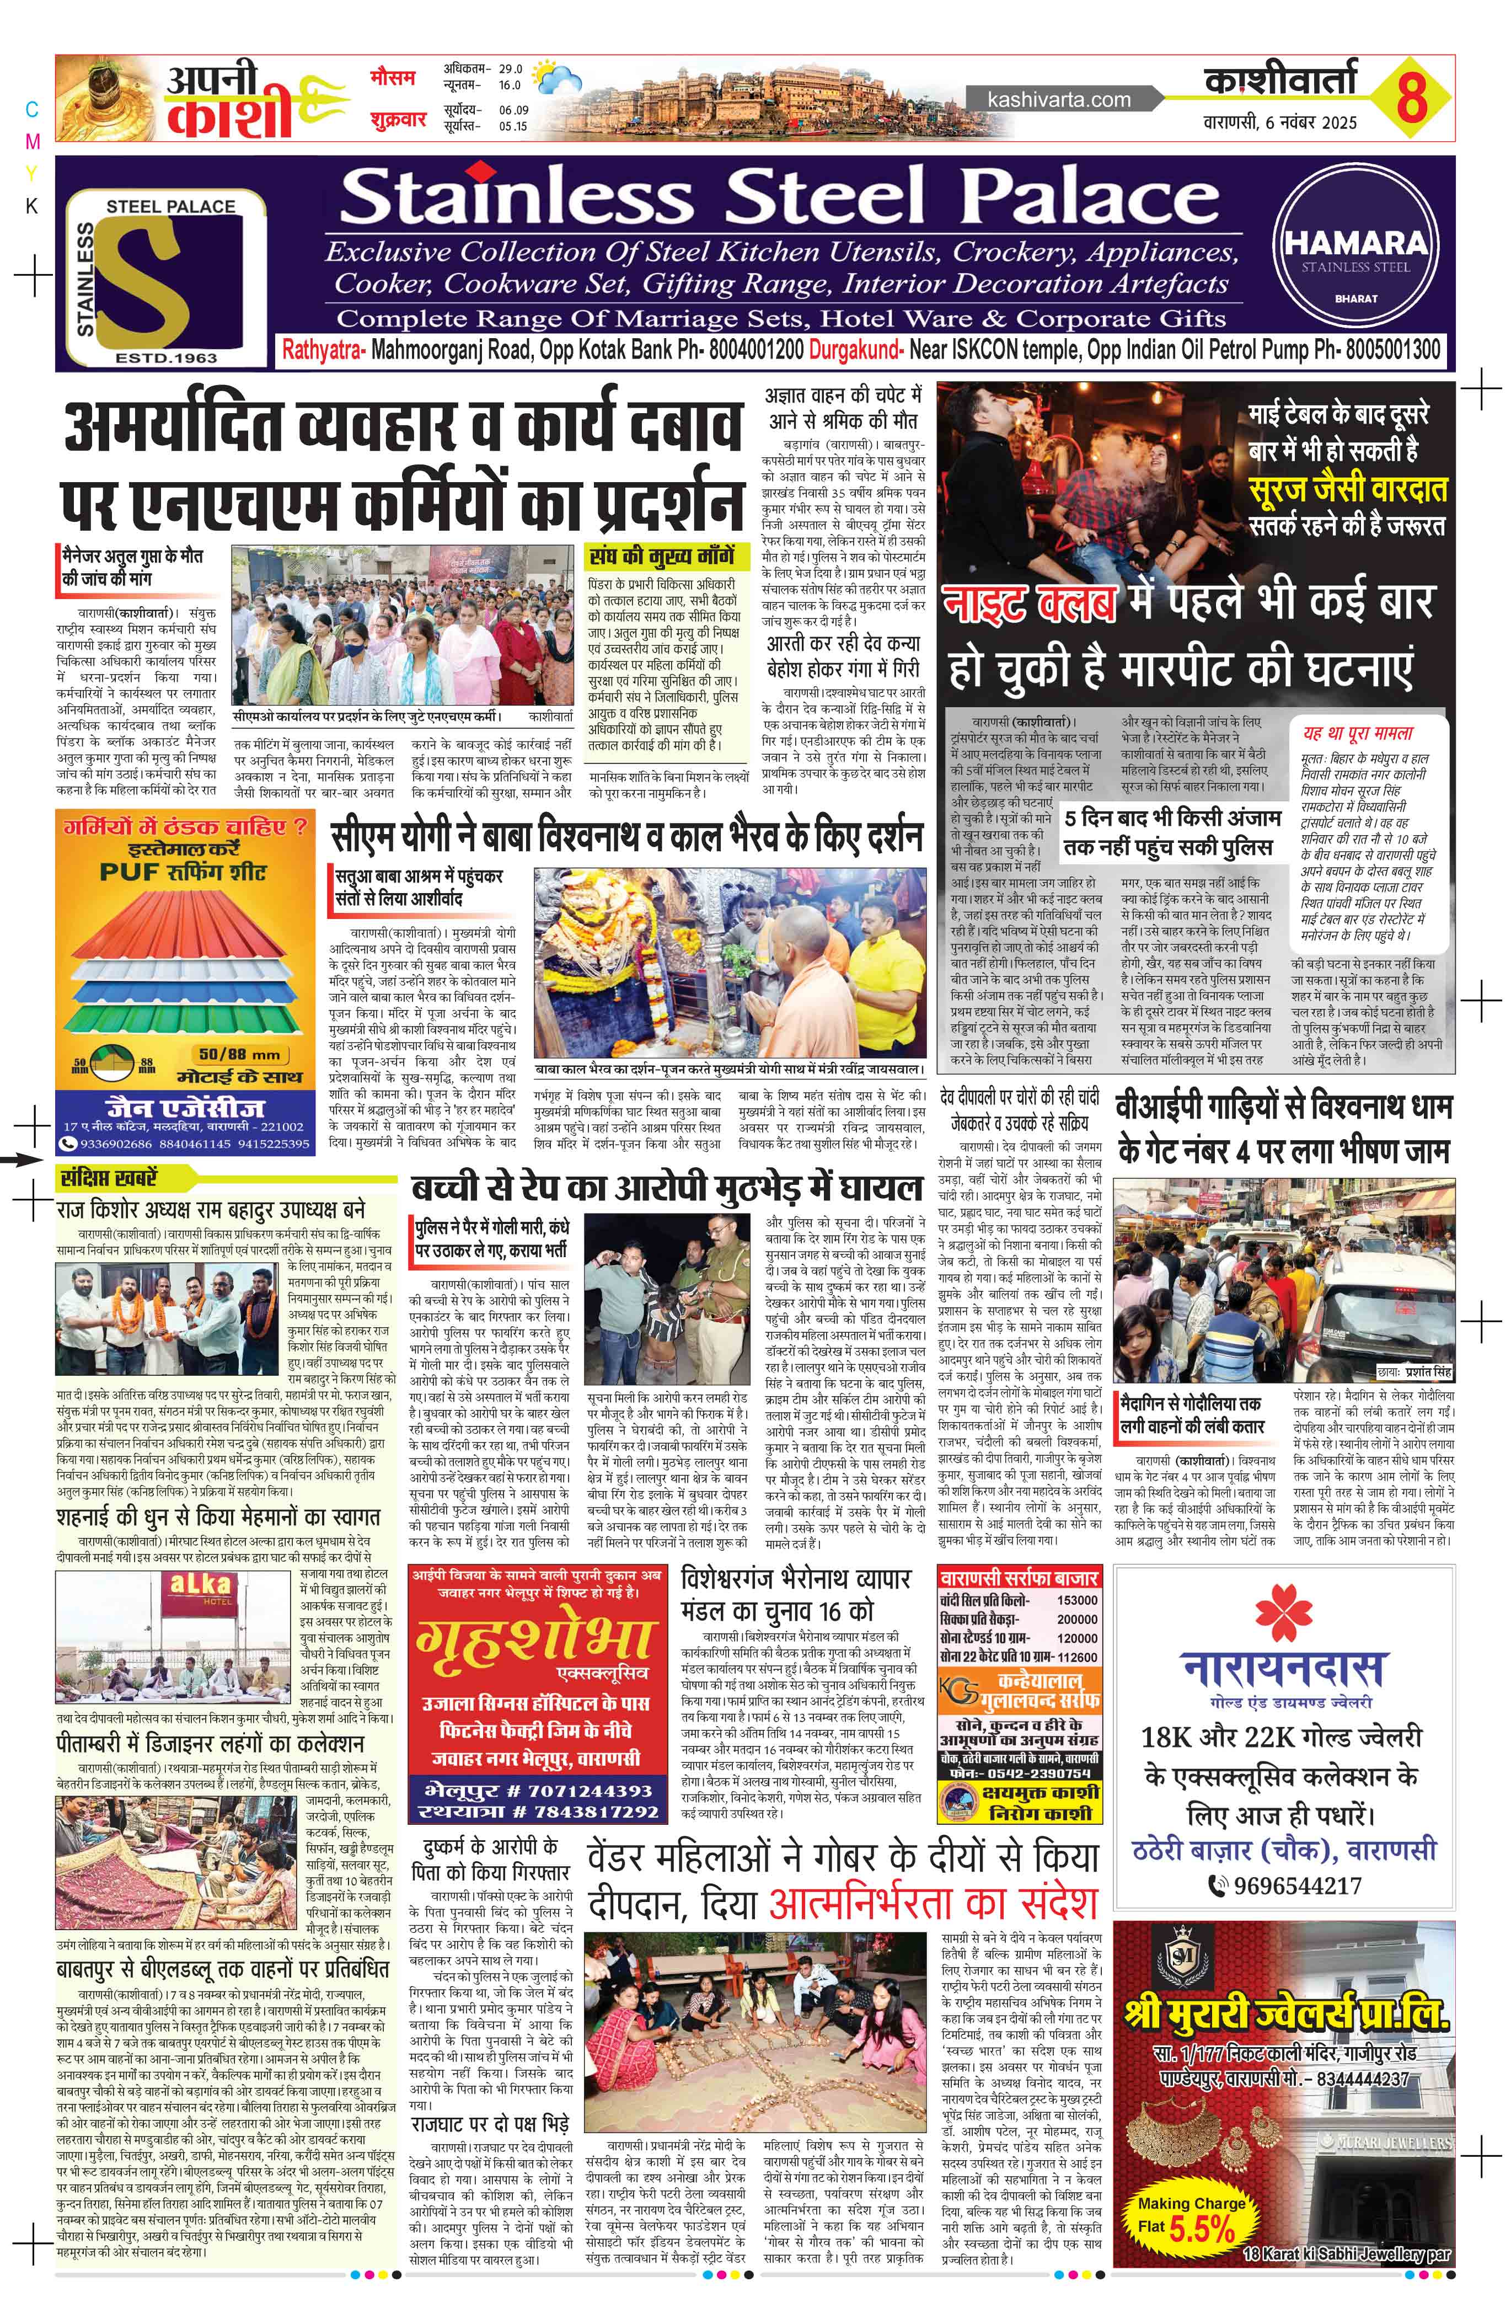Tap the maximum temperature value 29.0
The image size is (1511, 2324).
click(511, 70)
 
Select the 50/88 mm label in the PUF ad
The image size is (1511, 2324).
click(239, 1055)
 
